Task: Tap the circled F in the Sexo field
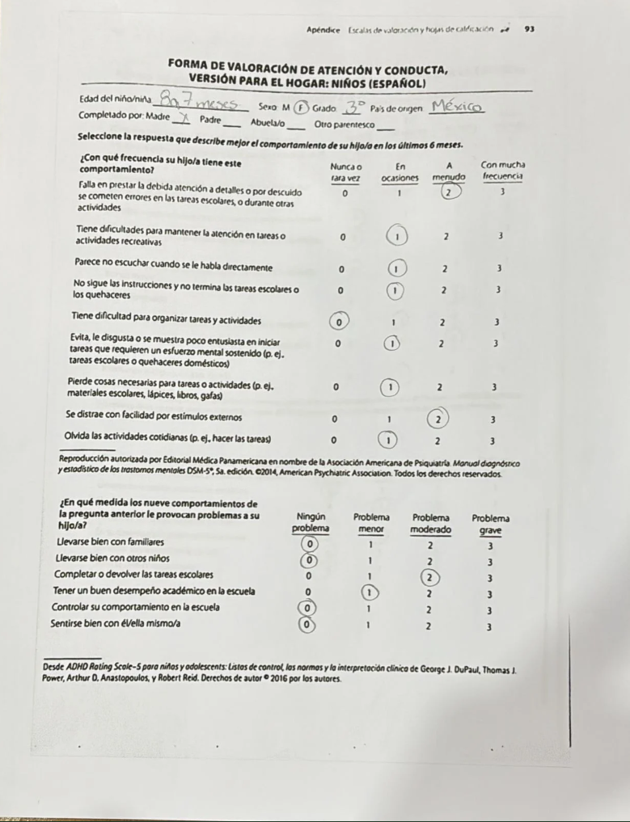click(x=302, y=106)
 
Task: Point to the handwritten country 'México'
click(x=457, y=105)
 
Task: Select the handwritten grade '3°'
click(x=357, y=105)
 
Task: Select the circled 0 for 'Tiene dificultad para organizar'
click(x=340, y=322)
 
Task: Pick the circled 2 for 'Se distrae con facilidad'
click(x=438, y=419)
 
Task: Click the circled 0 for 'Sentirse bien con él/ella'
click(x=307, y=625)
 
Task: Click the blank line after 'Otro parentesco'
click(x=387, y=126)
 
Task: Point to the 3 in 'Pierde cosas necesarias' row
click(x=494, y=387)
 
